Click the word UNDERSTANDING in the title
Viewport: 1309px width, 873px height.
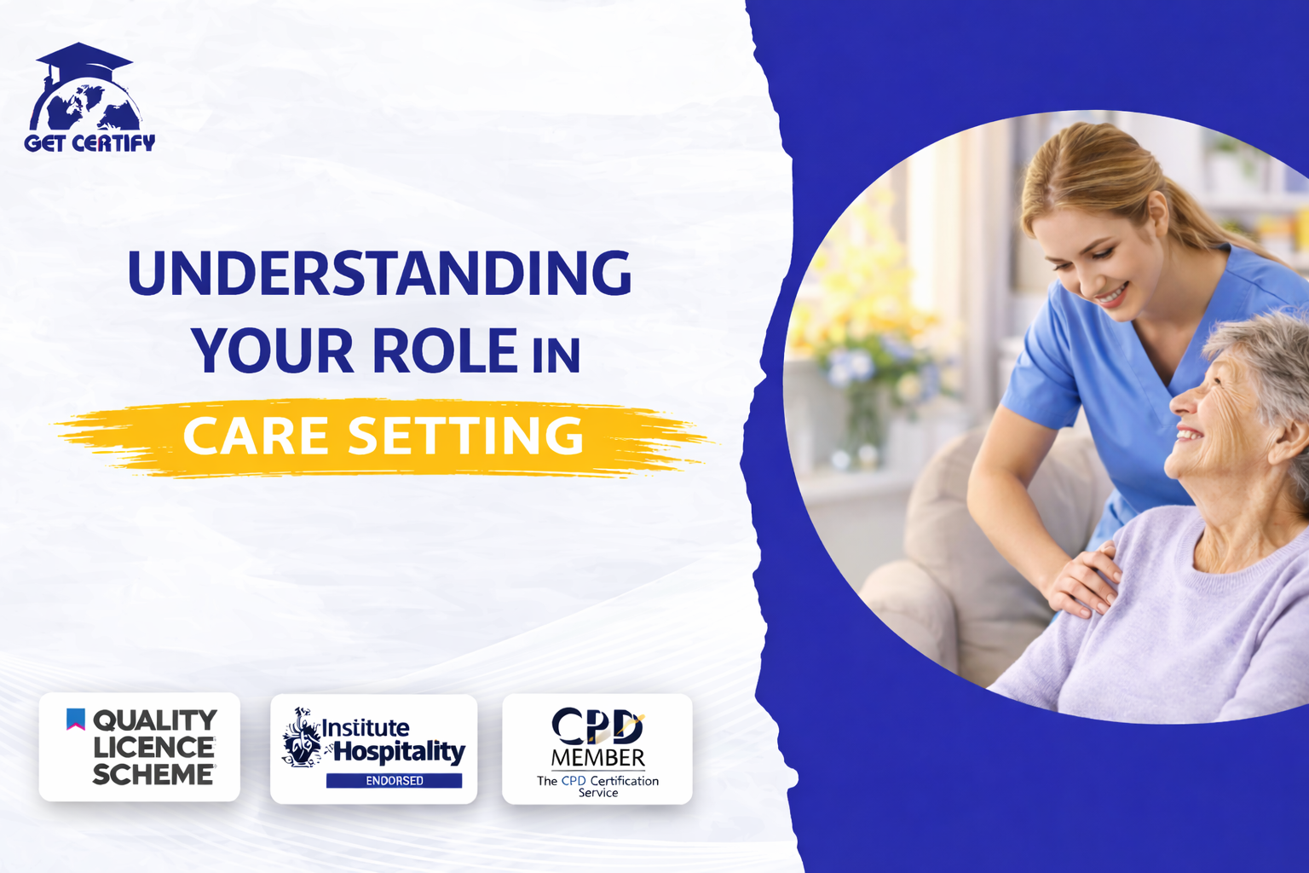379,273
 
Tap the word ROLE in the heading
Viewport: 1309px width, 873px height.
445,351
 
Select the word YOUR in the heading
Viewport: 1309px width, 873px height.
272,351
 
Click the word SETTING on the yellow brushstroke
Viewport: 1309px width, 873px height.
465,436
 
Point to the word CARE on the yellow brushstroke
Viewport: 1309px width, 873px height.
256,436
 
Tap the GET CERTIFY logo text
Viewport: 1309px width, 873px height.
89,143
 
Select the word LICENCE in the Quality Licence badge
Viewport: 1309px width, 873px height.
153,748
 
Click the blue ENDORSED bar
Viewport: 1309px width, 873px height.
394,780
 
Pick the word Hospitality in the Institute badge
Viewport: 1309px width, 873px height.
399,752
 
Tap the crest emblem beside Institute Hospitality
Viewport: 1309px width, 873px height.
301,737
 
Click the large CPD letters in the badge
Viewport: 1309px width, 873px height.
597,726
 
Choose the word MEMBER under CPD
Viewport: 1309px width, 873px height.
597,758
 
